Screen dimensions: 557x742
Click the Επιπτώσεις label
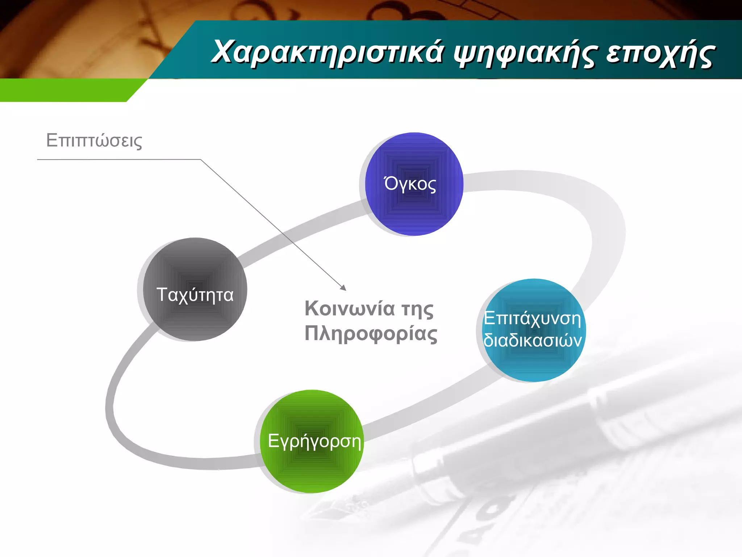coord(94,140)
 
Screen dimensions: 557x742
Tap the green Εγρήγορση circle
coord(312,468)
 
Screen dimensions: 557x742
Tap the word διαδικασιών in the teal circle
coord(533,341)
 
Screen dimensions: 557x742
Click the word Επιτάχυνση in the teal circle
coord(533,318)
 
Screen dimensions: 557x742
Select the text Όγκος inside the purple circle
coord(410,184)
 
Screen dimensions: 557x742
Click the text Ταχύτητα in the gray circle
coord(195,294)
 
